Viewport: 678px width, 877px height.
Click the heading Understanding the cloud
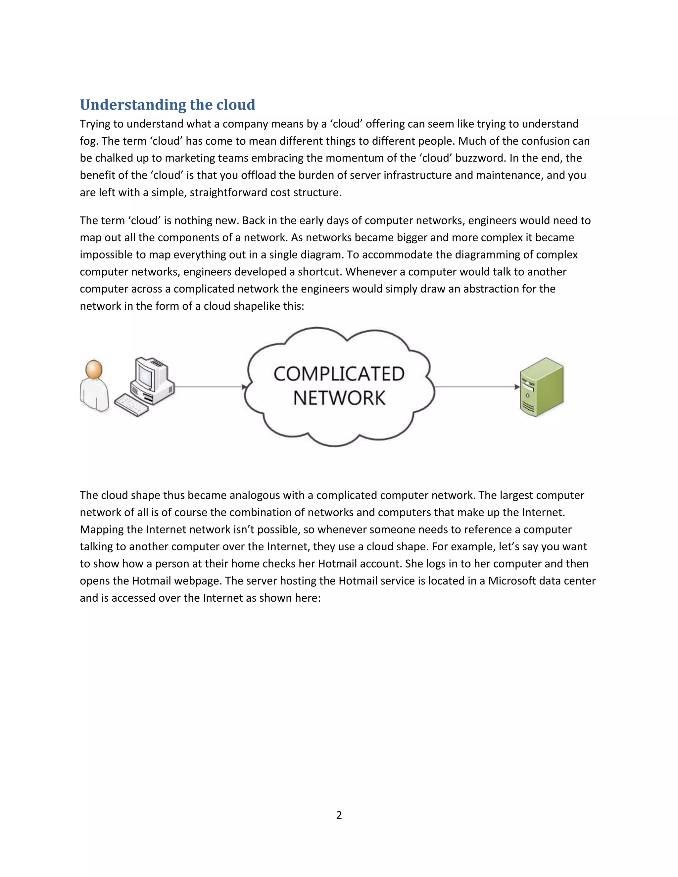click(168, 105)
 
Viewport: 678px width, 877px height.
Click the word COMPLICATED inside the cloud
click(339, 374)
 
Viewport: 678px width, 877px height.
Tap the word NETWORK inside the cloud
click(339, 398)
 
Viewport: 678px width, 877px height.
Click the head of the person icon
click(94, 369)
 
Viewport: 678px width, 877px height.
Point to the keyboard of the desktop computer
click(131, 404)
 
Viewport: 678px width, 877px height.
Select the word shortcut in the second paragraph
click(319, 272)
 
